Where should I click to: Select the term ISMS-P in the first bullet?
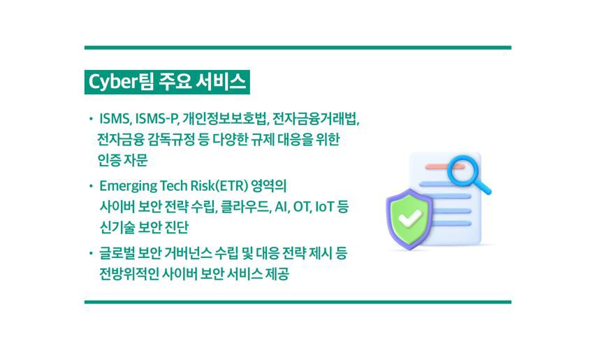point(157,119)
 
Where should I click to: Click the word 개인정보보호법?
point(225,119)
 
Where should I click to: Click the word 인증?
point(110,160)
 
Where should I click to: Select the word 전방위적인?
point(129,274)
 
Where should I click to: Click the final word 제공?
point(277,274)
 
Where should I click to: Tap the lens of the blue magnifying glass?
point(463,169)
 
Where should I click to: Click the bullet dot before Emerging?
point(91,187)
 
